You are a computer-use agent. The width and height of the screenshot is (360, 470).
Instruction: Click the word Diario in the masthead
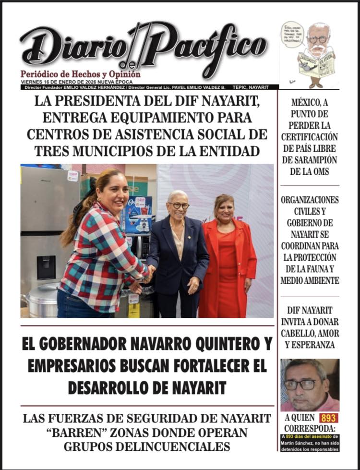point(72,48)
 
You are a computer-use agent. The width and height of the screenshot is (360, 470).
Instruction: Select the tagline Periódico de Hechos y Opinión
point(80,74)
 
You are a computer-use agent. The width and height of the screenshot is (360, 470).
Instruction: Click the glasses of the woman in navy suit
point(179,205)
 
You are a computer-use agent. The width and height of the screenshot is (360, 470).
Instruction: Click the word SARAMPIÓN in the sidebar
point(310,160)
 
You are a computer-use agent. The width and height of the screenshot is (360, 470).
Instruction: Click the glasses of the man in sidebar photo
point(301,384)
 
